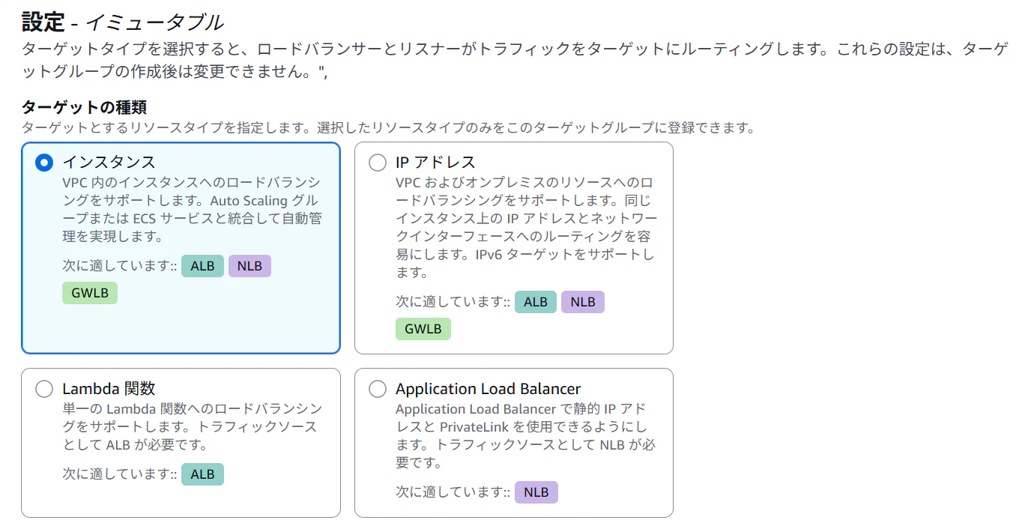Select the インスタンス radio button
[44, 163]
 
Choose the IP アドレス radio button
[378, 163]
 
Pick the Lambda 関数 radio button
[44, 389]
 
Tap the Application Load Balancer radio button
[378, 389]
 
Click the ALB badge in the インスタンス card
[202, 266]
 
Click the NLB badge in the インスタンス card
[250, 266]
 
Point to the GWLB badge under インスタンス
[90, 293]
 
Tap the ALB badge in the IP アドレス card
[536, 302]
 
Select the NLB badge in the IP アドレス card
[582, 302]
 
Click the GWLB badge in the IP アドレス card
[423, 329]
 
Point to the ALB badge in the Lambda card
[202, 474]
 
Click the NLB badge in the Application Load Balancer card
[536, 492]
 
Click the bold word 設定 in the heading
[43, 22]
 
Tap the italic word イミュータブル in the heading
[155, 22]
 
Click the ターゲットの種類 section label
[84, 107]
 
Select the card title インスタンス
[109, 162]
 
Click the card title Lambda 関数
[109, 388]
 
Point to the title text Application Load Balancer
[489, 388]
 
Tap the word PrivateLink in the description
[474, 427]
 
